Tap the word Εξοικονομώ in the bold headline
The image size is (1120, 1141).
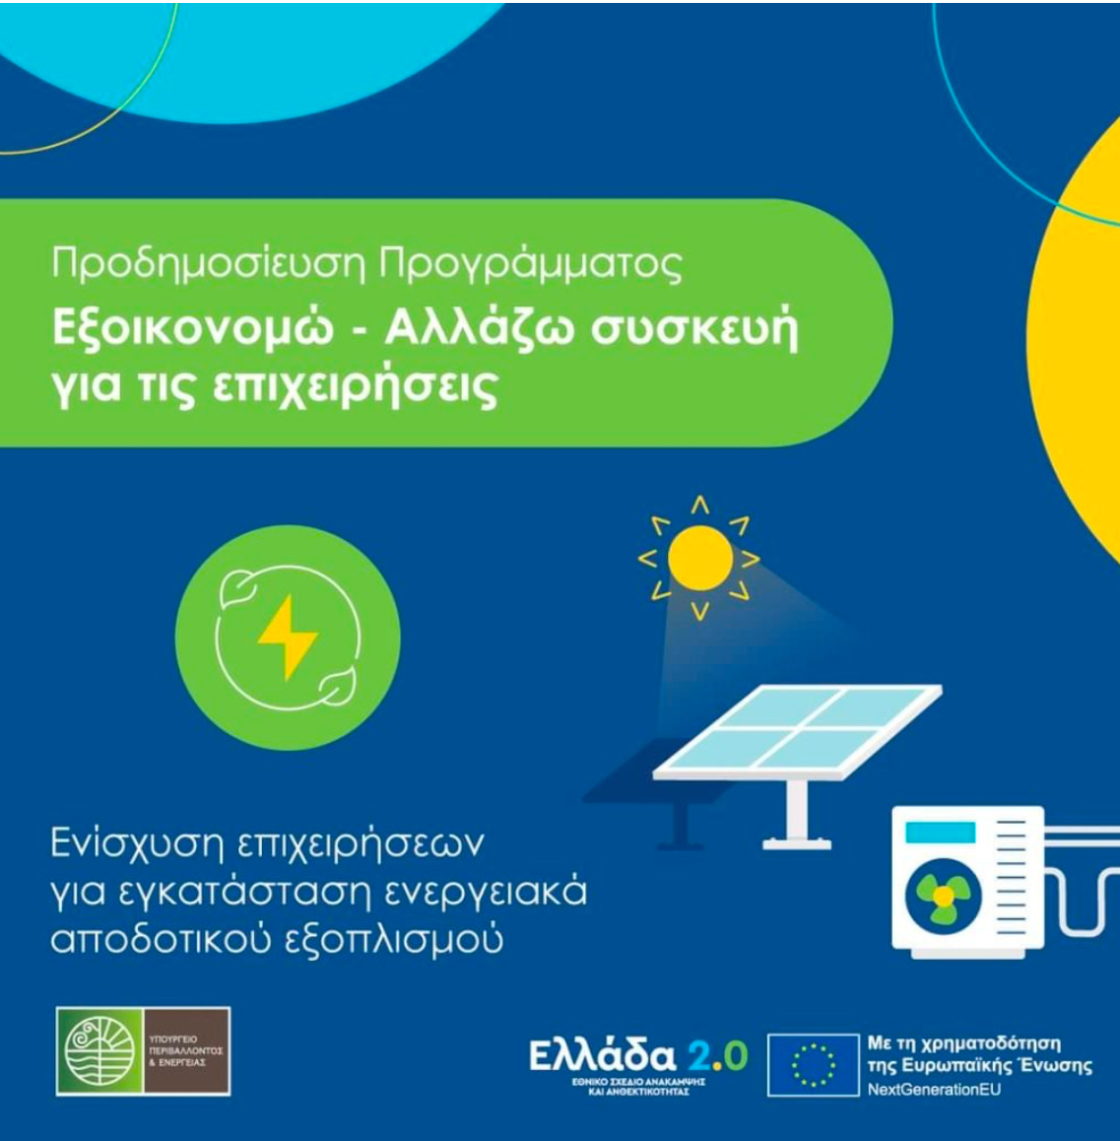point(193,330)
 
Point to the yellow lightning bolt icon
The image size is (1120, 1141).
point(288,638)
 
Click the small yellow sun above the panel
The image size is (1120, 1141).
point(699,559)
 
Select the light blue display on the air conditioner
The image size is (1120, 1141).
point(940,832)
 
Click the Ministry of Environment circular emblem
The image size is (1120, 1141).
point(99,1051)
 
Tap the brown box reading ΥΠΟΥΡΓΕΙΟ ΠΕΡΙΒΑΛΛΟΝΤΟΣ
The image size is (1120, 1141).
point(186,1051)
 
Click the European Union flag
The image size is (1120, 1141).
point(813,1064)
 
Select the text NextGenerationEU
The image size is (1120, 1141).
point(934,1090)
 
